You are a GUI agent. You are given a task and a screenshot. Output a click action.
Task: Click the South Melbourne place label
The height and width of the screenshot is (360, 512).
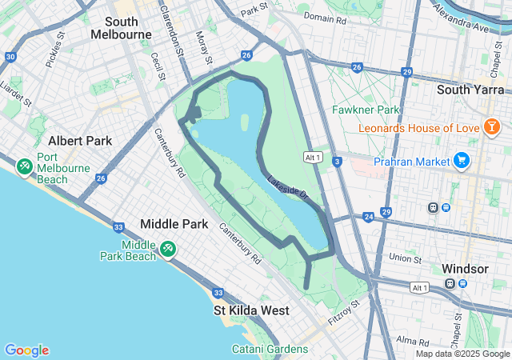pos(121,28)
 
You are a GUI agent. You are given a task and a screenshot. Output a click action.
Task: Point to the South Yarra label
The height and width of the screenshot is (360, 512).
pos(468,90)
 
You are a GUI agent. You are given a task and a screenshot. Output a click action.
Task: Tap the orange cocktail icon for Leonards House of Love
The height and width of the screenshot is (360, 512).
pos(492,127)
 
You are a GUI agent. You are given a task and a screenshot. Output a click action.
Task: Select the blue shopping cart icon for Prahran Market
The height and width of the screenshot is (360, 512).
pos(461,161)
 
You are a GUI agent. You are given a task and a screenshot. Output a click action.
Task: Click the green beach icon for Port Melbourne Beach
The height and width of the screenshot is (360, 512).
pos(24,166)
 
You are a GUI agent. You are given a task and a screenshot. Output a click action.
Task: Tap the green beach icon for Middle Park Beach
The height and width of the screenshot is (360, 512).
pos(167,249)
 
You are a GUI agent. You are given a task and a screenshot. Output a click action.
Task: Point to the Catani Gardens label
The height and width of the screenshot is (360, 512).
pos(270,349)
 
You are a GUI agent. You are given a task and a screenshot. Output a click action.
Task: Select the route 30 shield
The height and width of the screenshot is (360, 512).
pos(10,57)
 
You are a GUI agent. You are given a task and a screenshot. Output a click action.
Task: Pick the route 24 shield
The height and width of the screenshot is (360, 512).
pos(368,217)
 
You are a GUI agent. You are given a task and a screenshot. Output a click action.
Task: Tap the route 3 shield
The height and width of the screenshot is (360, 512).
pos(338,162)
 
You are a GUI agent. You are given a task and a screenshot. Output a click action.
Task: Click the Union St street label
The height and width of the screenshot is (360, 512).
pos(405,258)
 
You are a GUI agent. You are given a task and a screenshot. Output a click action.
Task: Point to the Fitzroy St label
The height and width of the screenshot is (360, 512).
pos(345,314)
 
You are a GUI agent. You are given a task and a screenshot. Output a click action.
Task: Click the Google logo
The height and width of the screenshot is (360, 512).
pos(26,350)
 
